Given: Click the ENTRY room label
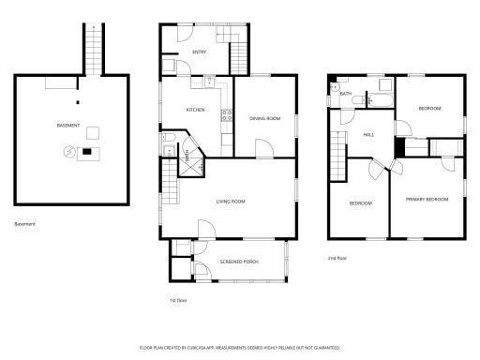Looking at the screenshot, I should pyautogui.click(x=199, y=52).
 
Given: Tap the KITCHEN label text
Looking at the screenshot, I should pyautogui.click(x=195, y=111).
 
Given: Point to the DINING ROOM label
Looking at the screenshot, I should pyautogui.click(x=264, y=118).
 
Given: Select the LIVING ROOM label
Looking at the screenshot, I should pyautogui.click(x=231, y=202).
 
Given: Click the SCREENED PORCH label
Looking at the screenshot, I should pyautogui.click(x=237, y=262).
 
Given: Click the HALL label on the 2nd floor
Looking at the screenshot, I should pyautogui.click(x=368, y=135).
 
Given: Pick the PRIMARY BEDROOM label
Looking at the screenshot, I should pyautogui.click(x=427, y=200).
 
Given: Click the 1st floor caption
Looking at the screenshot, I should pyautogui.click(x=177, y=300).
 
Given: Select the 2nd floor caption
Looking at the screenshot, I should pyautogui.click(x=337, y=258).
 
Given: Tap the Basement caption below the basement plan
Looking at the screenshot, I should pyautogui.click(x=25, y=223).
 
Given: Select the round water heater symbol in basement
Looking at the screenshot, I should pyautogui.click(x=68, y=152).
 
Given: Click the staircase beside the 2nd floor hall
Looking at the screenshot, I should pyautogui.click(x=338, y=149).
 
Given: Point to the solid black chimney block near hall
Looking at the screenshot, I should pyautogui.click(x=399, y=147).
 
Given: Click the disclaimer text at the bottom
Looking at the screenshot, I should pyautogui.click(x=239, y=347).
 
